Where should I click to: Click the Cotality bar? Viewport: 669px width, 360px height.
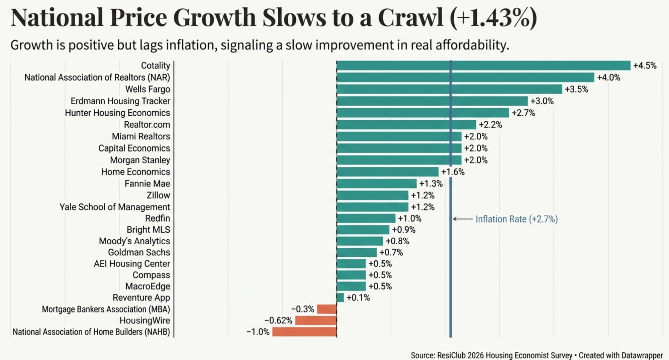tap(483, 66)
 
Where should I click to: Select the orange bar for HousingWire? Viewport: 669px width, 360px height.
tap(316, 321)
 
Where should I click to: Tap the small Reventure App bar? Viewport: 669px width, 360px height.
tap(340, 297)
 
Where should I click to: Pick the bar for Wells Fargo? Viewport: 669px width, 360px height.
tap(449, 89)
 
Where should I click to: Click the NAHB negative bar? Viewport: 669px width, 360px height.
tap(304, 332)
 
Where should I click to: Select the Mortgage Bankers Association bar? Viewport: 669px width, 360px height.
tap(327, 309)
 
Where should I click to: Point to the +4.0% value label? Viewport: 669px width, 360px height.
tap(608, 78)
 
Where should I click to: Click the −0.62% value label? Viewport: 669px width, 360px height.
tap(278, 321)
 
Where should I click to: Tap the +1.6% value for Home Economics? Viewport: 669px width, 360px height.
tap(453, 172)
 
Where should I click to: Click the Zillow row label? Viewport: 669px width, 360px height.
tap(158, 195)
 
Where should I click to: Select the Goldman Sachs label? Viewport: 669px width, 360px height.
tap(139, 252)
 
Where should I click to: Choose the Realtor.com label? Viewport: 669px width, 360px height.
tap(147, 125)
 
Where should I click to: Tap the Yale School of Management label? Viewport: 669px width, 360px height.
tap(115, 207)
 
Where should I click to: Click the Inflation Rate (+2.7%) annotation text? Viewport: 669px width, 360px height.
tap(516, 219)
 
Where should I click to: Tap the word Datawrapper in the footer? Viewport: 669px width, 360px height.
tap(642, 355)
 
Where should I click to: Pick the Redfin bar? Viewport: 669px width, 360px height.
tap(366, 219)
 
